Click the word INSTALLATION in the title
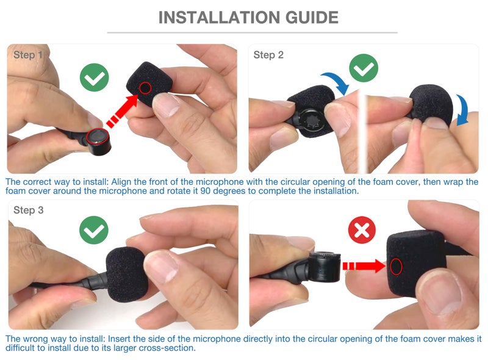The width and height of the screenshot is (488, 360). [220, 18]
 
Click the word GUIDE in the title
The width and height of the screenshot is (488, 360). [312, 18]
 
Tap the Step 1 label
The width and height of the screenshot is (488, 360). [27, 55]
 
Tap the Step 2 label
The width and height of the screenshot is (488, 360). [268, 55]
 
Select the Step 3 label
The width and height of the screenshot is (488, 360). [28, 211]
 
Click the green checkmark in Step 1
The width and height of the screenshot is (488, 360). [95, 77]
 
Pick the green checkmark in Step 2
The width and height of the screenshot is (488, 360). [364, 68]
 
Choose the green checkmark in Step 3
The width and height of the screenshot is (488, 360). [94, 230]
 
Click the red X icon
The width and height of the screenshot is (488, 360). [362, 230]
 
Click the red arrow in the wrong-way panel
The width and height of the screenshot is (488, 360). [364, 266]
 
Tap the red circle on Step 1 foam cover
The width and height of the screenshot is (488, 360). [145, 88]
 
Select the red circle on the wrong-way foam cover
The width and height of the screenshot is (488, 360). [396, 267]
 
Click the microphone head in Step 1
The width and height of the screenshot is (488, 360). [98, 141]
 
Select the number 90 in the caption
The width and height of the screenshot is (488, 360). [206, 190]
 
